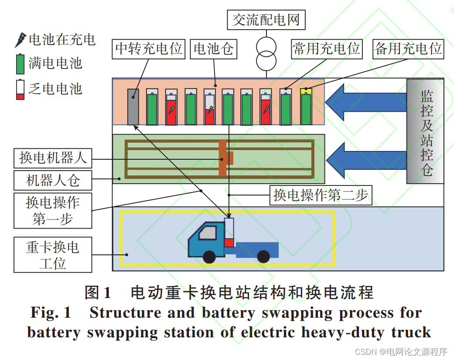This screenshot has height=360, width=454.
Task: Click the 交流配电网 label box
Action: (266, 20)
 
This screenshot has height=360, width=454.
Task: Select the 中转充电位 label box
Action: (148, 49)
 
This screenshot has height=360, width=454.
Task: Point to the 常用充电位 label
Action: (326, 49)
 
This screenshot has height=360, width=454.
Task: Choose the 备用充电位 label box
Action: (408, 49)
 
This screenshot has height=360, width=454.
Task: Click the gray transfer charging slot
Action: (133, 107)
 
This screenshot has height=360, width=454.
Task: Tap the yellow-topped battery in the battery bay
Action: (306, 106)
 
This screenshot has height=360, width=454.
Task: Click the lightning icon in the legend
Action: (20, 40)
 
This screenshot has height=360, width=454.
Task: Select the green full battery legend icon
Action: (20, 64)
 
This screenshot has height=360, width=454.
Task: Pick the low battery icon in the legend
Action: (20, 90)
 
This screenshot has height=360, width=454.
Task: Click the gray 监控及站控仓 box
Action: (425, 131)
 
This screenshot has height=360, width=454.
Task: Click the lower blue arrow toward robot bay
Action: (369, 158)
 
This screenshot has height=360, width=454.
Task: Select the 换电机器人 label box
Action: (53, 158)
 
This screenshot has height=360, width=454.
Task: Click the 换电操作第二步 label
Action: (321, 195)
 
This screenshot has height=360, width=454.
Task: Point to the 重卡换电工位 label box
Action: (53, 255)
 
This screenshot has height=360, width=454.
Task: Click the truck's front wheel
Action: (210, 257)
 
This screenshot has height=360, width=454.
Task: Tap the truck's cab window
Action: (208, 233)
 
